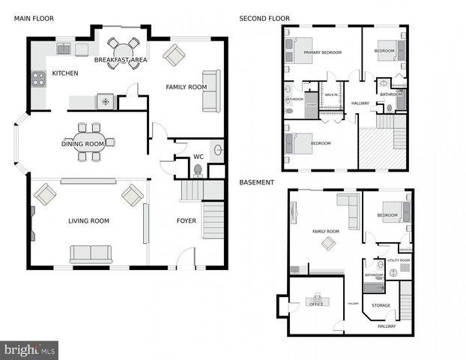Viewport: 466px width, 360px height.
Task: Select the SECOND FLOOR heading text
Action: coord(264,18)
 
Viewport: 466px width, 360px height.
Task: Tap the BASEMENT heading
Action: coord(256,182)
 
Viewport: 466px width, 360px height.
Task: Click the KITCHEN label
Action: coord(64,73)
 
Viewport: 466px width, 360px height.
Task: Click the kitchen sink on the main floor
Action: coord(64,49)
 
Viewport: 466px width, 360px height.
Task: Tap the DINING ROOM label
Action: coord(82,144)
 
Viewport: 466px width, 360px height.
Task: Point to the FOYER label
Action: coord(186,220)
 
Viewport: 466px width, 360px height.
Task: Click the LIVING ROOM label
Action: coord(89,220)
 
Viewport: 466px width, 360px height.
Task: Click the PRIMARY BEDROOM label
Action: coord(323,52)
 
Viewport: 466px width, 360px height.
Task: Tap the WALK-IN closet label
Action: coord(331,94)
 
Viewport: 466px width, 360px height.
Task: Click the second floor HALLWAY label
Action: coord(360,103)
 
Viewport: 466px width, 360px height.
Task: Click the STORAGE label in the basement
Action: coord(381,305)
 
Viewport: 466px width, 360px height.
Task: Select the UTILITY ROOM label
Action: coord(398,260)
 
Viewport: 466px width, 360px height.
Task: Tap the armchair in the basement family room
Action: coord(328,243)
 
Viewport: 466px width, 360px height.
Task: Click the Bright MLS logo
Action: coord(30,349)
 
